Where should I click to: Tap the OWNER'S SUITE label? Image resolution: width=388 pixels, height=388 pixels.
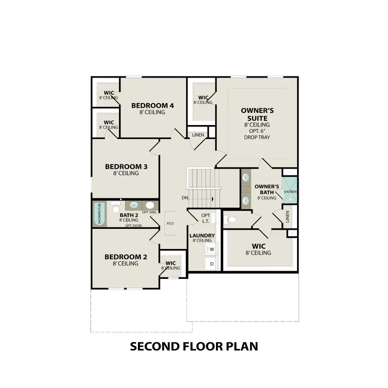(257, 114)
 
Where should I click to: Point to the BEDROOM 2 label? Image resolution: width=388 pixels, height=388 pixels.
(126, 257)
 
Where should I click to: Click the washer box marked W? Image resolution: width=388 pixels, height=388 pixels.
(212, 249)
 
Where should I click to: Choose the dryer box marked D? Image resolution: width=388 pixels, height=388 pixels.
(212, 263)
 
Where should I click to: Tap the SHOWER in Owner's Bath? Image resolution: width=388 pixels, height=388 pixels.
(290, 191)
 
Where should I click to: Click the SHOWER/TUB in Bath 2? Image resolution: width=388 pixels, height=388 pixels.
(99, 214)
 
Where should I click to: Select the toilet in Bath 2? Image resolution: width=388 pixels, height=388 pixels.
(115, 208)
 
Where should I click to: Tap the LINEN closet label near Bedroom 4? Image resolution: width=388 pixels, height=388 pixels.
(198, 135)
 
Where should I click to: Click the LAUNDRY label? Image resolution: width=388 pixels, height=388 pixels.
(202, 235)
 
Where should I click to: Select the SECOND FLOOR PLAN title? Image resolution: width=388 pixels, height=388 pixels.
(194, 346)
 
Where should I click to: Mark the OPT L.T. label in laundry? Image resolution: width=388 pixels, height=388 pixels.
(206, 218)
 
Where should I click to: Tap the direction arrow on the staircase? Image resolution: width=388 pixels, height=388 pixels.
(212, 199)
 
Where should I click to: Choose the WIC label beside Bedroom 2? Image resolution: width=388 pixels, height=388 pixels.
(171, 263)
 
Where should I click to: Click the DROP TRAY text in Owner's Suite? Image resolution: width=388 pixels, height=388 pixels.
(257, 138)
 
